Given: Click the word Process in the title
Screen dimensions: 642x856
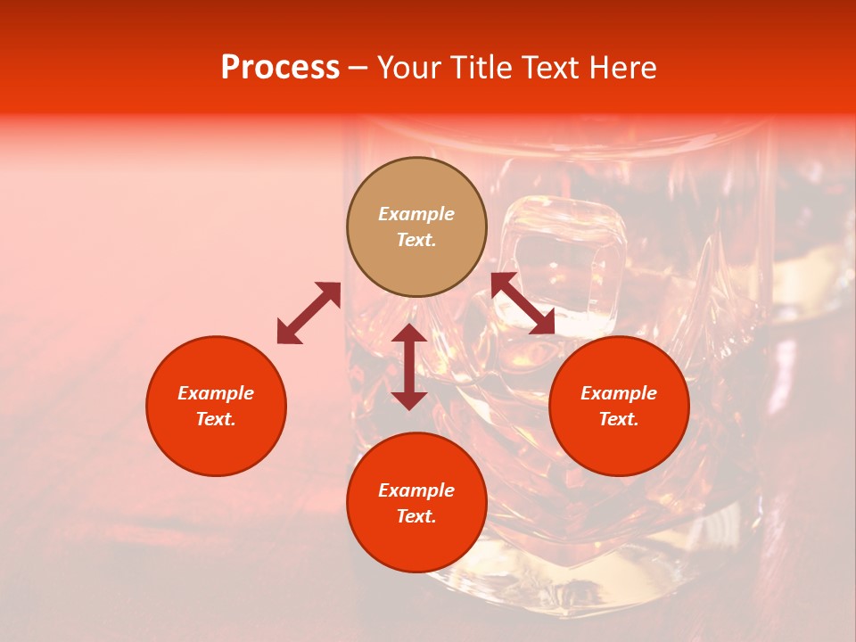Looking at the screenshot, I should [x=280, y=68].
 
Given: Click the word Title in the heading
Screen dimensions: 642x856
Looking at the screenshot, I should [x=481, y=68].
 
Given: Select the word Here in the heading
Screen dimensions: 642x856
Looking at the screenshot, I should [x=623, y=68].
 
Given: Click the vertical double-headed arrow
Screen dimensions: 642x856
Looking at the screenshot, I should [x=409, y=366].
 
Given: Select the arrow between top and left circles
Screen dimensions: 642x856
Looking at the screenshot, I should [x=309, y=313].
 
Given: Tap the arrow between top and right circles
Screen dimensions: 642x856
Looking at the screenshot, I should [x=523, y=303].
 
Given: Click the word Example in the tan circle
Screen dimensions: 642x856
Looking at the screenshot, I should [x=416, y=214].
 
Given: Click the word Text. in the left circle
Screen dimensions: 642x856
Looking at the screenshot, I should [x=216, y=419].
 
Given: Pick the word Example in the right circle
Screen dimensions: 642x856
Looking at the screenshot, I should [x=619, y=393].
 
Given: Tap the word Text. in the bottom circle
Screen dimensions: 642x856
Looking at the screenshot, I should [x=416, y=516].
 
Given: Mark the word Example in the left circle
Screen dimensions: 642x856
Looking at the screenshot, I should [x=216, y=393].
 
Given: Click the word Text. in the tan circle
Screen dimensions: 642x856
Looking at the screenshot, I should [x=416, y=240].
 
